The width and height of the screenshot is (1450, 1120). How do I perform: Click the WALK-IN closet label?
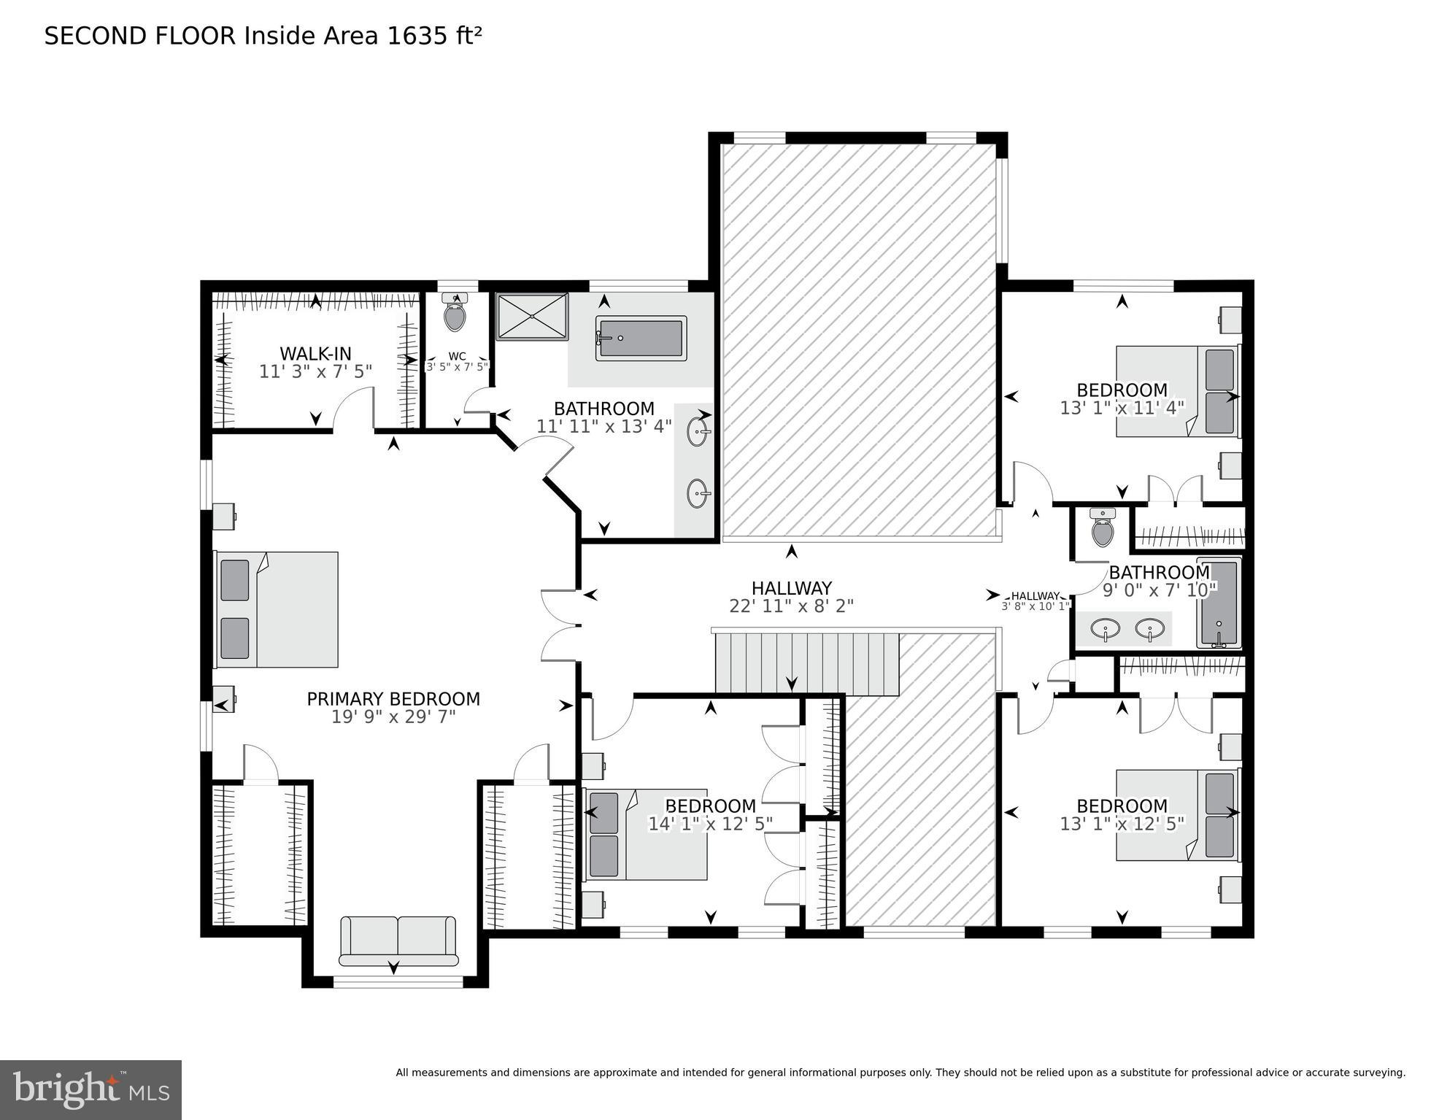(x=315, y=354)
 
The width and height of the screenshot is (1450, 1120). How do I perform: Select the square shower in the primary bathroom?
(x=532, y=317)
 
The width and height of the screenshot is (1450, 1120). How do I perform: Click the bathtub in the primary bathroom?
(x=641, y=339)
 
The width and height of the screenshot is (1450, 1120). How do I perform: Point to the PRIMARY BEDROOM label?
(x=393, y=699)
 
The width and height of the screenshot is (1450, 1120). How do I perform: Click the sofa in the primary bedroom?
(x=398, y=941)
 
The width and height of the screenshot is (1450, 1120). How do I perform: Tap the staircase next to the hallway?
(x=806, y=663)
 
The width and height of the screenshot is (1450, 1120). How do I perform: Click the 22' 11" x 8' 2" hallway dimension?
(x=791, y=606)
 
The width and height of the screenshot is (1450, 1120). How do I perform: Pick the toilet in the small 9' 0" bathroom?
(x=1103, y=529)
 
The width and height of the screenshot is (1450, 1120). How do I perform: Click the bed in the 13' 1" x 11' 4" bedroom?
(x=1177, y=392)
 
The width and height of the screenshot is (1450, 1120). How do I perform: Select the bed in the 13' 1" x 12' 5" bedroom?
(x=1177, y=815)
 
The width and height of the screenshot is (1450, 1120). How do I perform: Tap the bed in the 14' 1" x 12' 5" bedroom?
(x=647, y=835)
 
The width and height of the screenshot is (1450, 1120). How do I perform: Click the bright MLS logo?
(x=90, y=1089)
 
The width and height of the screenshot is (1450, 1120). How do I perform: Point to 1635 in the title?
(x=414, y=36)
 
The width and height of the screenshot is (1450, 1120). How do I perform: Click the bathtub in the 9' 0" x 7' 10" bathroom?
(x=1219, y=603)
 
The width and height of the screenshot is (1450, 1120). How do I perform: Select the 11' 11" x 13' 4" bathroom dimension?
(x=603, y=427)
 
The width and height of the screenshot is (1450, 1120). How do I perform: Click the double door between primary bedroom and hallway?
(x=560, y=625)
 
